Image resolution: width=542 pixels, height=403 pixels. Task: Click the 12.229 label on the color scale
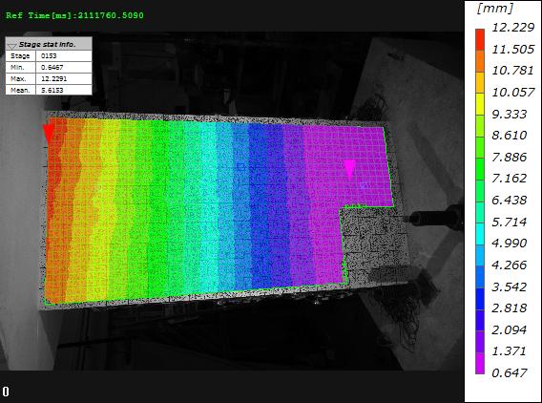coord(513,28)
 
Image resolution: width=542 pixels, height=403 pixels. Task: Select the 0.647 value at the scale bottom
coord(510,372)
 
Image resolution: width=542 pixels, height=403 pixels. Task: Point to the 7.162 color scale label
coord(510,179)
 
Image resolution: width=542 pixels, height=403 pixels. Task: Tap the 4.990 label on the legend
coord(510,244)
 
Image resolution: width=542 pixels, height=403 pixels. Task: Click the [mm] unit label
coord(495,9)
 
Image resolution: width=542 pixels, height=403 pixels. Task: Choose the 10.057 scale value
coord(513,93)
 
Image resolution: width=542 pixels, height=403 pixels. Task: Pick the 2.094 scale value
coord(510,329)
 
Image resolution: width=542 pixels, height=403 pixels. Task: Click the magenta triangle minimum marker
coord(350,168)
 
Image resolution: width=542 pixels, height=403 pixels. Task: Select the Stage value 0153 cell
coord(64,56)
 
